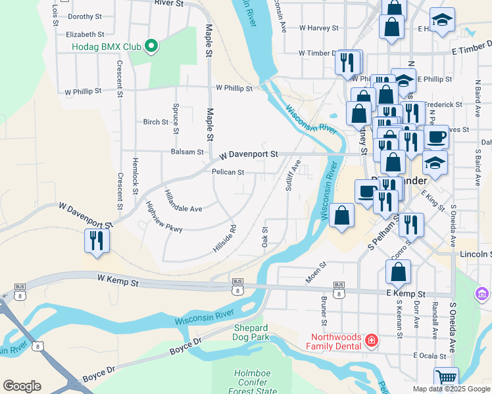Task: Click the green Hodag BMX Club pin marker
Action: point(151,47)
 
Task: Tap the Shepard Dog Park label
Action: point(251,332)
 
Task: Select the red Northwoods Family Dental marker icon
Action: point(372,340)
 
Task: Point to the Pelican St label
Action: point(228,173)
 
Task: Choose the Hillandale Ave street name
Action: point(183,202)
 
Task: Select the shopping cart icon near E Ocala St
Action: point(445,379)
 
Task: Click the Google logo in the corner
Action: point(22,386)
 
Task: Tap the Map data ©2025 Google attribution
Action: point(451,389)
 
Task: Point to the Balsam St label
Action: point(187,152)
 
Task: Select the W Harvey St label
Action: point(318,28)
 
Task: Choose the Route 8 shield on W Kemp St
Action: point(236,289)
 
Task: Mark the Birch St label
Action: point(156,121)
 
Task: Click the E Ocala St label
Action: point(430,355)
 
